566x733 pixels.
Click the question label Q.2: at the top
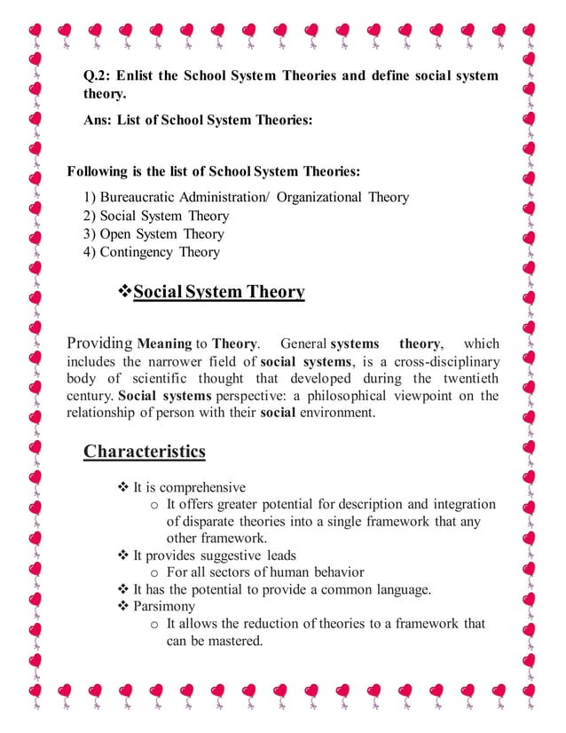click(96, 76)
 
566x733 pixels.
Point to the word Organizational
click(320, 197)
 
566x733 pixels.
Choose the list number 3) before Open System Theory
click(90, 234)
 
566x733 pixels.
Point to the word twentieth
click(466, 379)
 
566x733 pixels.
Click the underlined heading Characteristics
click(144, 452)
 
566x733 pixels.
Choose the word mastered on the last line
click(232, 641)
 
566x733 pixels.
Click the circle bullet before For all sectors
click(154, 572)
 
